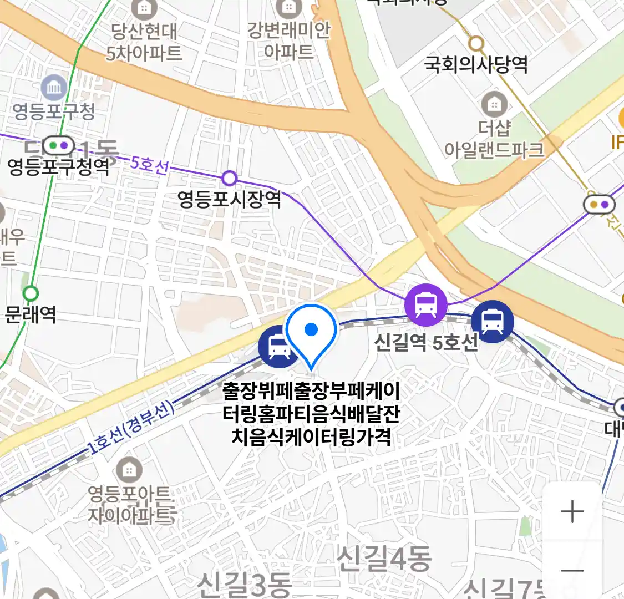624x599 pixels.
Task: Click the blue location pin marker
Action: (311, 332)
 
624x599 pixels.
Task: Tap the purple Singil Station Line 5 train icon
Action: (425, 304)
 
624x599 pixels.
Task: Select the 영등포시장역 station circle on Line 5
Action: (230, 178)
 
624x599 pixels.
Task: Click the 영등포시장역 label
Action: (229, 199)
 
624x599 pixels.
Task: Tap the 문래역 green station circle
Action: (31, 293)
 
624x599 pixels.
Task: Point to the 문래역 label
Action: (31, 314)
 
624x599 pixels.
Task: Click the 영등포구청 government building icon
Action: (54, 88)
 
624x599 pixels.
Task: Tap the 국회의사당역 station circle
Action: (476, 43)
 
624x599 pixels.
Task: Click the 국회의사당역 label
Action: (476, 65)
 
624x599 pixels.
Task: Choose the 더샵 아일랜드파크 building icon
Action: (494, 104)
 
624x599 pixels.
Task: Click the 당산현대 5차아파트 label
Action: (144, 42)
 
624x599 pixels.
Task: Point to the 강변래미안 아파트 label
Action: (289, 40)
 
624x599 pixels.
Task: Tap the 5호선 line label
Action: (149, 164)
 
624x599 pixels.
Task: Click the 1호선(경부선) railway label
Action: (131, 428)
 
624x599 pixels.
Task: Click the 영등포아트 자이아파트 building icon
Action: (129, 470)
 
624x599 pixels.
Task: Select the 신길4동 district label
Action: (384, 558)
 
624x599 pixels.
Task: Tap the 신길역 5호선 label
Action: (426, 342)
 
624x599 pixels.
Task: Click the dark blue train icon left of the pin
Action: (278, 347)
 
